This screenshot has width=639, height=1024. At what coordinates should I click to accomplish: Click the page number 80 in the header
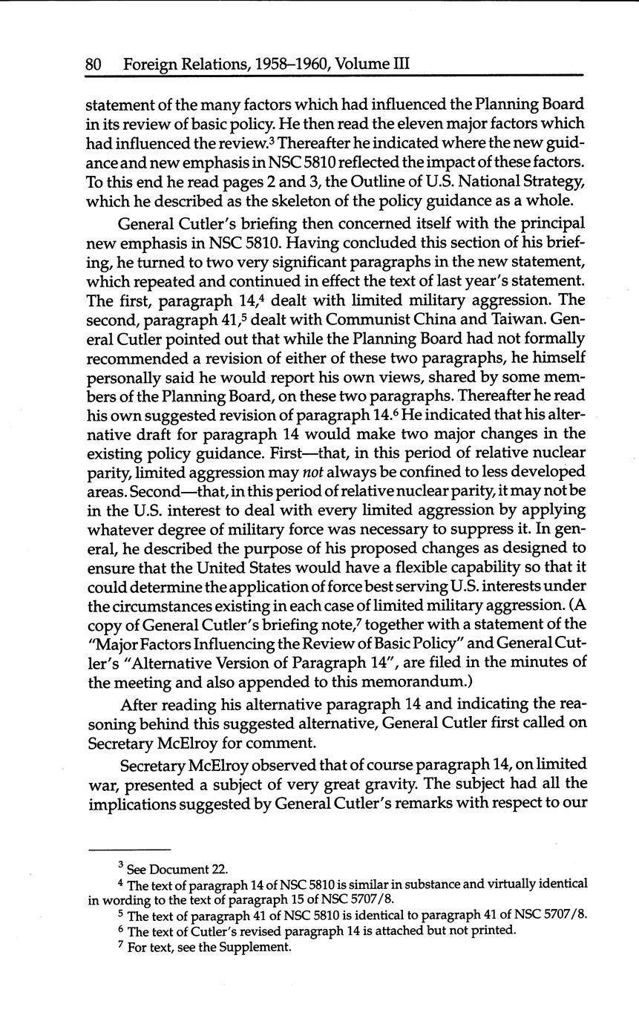(94, 65)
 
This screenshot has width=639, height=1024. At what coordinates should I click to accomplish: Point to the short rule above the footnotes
(129, 850)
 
